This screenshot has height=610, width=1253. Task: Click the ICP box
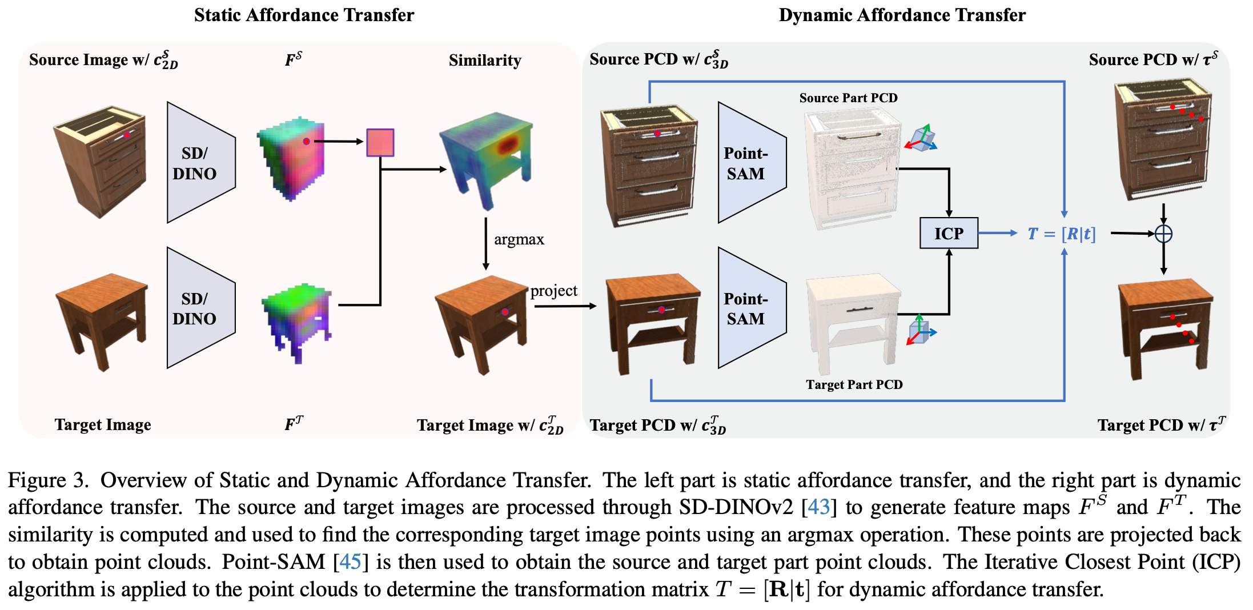pyautogui.click(x=948, y=233)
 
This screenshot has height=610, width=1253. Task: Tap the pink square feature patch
pyautogui.click(x=380, y=142)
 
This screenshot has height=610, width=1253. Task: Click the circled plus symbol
pyautogui.click(x=1163, y=234)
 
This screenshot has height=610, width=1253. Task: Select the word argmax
pyautogui.click(x=519, y=239)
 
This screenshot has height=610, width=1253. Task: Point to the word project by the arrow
pyautogui.click(x=553, y=291)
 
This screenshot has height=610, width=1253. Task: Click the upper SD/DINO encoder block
pyautogui.click(x=197, y=163)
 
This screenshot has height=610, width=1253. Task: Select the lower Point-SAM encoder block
pyautogui.click(x=748, y=308)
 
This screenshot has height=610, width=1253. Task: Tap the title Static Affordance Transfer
pyautogui.click(x=304, y=15)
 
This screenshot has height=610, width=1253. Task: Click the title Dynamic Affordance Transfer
pyautogui.click(x=902, y=15)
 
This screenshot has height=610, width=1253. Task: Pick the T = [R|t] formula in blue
pyautogui.click(x=1061, y=234)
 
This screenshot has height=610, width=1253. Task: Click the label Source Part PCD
pyautogui.click(x=848, y=98)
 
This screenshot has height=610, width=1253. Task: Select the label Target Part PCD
pyautogui.click(x=854, y=384)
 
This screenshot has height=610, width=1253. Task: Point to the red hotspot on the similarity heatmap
pyautogui.click(x=506, y=146)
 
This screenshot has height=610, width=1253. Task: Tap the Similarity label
pyautogui.click(x=484, y=60)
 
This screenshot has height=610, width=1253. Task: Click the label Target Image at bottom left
pyautogui.click(x=103, y=424)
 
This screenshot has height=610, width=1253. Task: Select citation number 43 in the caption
pyautogui.click(x=818, y=507)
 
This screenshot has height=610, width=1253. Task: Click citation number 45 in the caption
pyautogui.click(x=350, y=562)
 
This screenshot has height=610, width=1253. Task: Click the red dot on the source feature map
pyautogui.click(x=307, y=141)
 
